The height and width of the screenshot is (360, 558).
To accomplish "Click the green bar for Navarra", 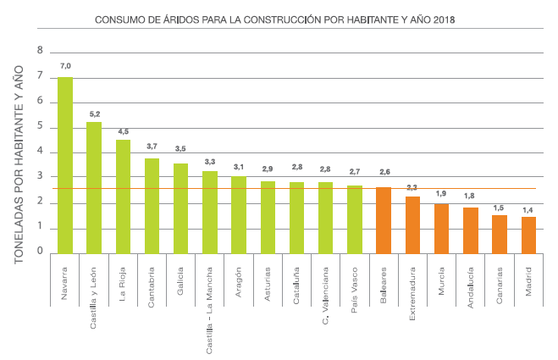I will coord(64,165).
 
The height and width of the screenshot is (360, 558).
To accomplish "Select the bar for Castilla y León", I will coord(94,187).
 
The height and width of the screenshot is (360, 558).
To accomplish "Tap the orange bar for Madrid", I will coord(528,235).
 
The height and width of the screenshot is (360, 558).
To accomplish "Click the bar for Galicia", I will coord(180,208).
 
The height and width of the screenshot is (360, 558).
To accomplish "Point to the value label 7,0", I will coord(65,66).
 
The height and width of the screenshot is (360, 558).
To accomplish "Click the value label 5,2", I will coord(94,113).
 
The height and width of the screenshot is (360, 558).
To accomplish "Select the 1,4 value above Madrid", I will coord(528,209).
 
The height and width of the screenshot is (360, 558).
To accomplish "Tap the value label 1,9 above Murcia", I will coord(441,194).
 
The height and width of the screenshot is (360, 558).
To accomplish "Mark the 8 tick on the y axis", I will coord(39,51).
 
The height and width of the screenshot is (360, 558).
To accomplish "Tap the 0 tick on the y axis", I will coord(39,252).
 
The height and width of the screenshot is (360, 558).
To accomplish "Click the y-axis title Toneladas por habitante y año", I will coord(19,166).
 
